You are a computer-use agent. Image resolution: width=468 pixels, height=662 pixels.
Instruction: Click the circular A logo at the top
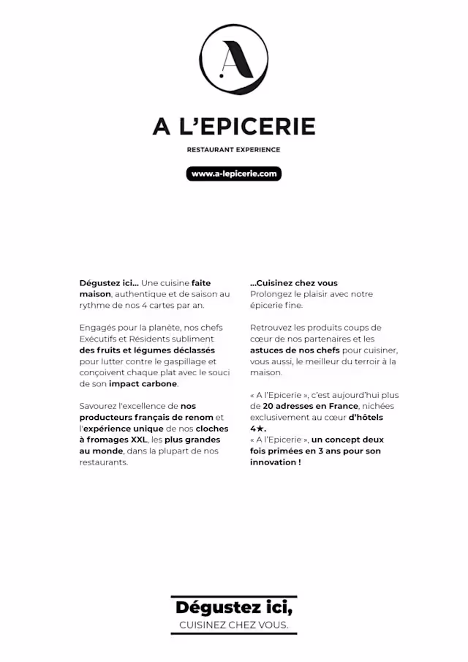234,59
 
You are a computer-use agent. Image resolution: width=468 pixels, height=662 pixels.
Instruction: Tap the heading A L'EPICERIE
234,127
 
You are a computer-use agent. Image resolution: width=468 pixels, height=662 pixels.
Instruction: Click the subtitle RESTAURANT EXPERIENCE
234,150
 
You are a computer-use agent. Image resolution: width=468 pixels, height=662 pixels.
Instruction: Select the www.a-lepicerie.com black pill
234,174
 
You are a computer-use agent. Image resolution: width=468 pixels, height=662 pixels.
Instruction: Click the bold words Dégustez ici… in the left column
109,283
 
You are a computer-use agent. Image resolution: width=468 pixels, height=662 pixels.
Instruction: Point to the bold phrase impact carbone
143,383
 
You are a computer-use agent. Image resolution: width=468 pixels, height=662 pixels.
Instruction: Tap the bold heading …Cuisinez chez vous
294,283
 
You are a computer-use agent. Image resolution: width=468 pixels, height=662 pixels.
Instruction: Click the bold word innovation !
276,462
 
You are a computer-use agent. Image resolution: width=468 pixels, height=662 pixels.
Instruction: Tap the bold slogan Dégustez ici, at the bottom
234,608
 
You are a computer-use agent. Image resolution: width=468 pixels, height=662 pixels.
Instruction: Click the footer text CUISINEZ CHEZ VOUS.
234,625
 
